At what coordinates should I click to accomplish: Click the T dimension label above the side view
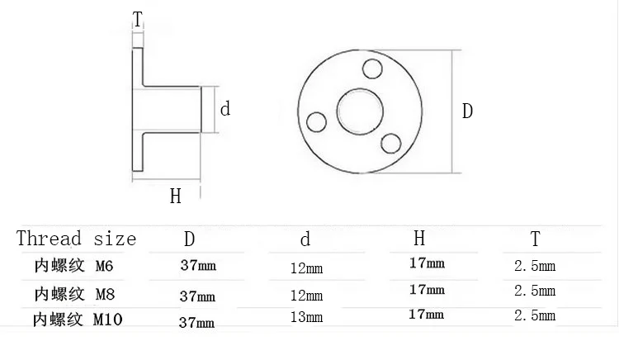coord(137,19)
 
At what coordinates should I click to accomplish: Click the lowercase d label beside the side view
coord(225,108)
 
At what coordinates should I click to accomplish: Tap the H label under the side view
coord(176,197)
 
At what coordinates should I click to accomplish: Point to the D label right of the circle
coord(467,111)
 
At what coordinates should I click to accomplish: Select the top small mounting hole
coord(372,69)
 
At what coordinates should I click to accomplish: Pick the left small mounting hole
coord(316,122)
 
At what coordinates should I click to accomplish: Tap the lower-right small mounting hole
coord(391,144)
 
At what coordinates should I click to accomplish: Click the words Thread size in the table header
coord(76,239)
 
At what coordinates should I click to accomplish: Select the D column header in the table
coord(190,239)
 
